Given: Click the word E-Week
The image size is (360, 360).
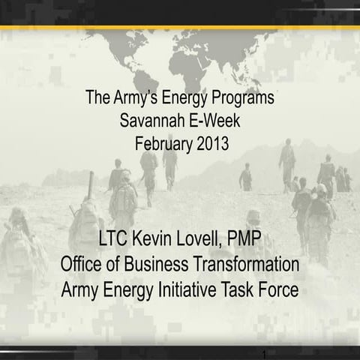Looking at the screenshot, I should click(x=213, y=119).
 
